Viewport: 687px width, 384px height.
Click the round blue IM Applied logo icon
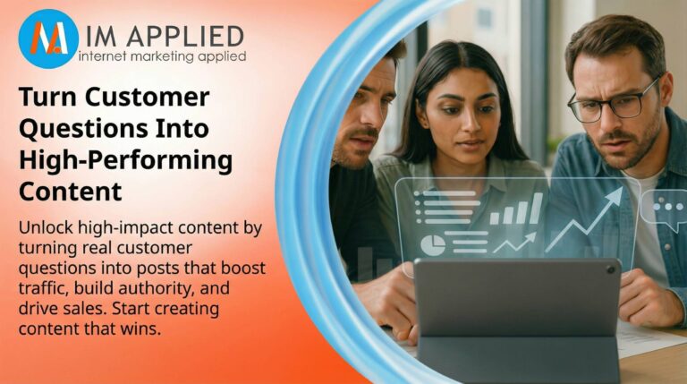(x=48, y=38)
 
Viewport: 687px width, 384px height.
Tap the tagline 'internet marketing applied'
(x=162, y=56)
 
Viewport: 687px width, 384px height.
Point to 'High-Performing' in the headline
(x=125, y=162)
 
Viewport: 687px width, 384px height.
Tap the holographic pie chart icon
(x=432, y=244)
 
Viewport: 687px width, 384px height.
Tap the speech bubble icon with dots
(x=664, y=207)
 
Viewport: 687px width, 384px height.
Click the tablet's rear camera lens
(x=609, y=269)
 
